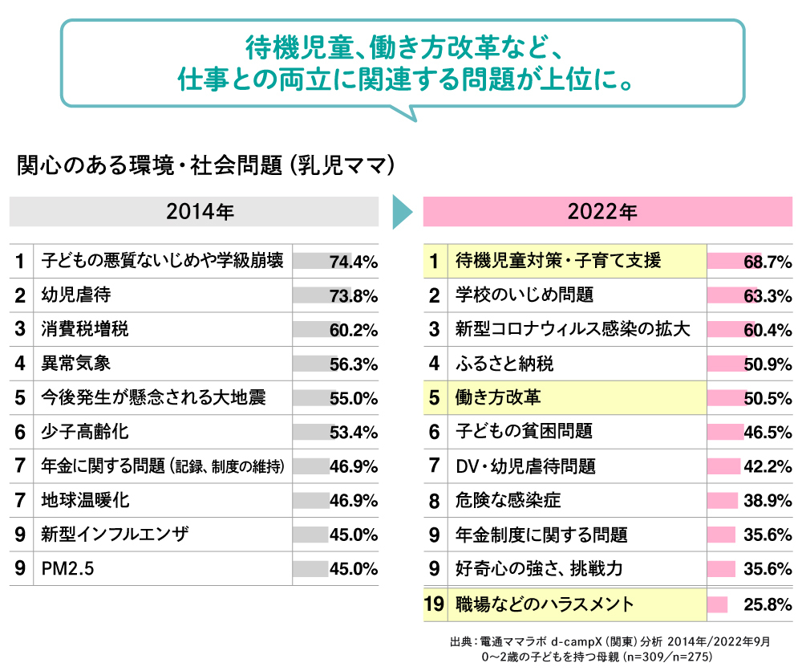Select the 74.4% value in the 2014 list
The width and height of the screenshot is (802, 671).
click(353, 262)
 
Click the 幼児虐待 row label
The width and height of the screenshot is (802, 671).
click(76, 295)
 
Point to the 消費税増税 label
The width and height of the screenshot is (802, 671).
click(85, 330)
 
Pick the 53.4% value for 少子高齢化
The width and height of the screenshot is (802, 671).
click(353, 433)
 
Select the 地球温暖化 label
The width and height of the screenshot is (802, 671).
click(85, 501)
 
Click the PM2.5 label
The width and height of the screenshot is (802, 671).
click(68, 569)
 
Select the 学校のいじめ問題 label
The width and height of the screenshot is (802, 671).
click(525, 295)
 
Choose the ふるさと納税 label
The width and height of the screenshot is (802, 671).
click(504, 364)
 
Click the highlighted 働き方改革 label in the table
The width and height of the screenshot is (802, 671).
click(497, 398)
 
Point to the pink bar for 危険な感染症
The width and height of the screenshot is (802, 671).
click(722, 501)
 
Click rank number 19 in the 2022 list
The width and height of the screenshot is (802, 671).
click(434, 604)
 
